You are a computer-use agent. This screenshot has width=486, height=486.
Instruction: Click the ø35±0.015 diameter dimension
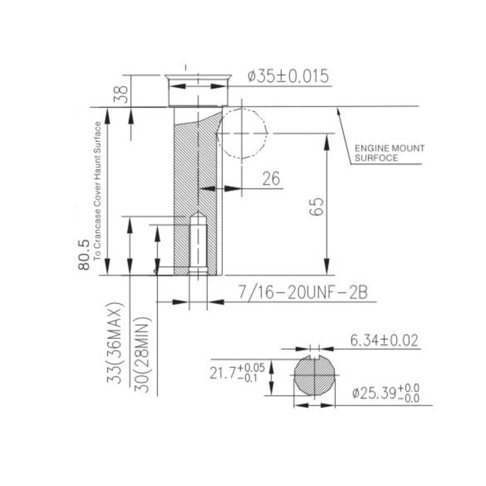288,77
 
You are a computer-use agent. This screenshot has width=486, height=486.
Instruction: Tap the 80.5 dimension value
84,255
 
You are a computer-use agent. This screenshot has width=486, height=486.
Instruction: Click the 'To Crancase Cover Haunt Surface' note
97,191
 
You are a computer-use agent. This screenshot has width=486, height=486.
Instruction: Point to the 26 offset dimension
271,179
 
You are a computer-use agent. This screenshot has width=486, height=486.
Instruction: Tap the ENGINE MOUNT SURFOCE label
389,153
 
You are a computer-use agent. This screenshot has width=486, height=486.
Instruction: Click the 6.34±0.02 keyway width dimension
384,340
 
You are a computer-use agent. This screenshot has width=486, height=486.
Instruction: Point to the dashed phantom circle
242,134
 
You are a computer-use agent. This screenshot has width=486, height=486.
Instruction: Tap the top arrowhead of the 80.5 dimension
107,115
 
